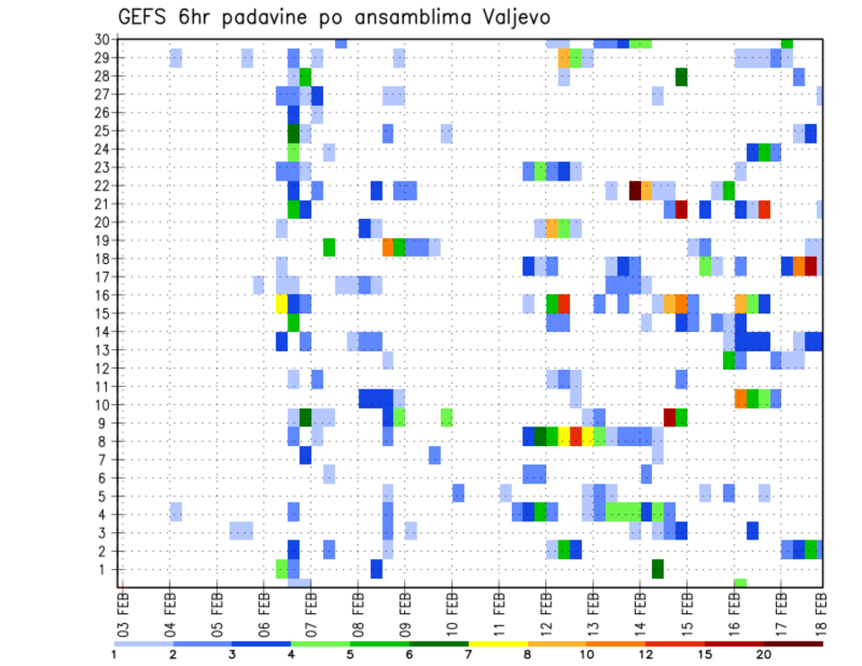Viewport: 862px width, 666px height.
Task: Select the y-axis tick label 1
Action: tap(105, 569)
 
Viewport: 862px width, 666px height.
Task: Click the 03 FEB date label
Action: tap(124, 610)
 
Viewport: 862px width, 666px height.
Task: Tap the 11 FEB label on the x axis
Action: tap(499, 610)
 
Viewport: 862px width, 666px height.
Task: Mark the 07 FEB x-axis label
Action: tap(312, 610)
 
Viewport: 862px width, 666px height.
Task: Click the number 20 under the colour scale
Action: tap(763, 654)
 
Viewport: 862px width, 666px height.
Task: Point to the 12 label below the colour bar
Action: tap(646, 654)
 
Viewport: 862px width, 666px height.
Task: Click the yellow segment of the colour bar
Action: tap(497, 644)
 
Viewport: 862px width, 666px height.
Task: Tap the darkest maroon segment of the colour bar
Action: tap(793, 644)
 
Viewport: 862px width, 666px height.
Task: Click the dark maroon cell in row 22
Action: tap(635, 190)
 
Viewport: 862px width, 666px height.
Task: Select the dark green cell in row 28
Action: tap(682, 77)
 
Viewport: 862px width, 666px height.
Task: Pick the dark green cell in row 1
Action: tap(658, 569)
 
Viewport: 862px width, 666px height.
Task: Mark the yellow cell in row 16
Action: tap(282, 303)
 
